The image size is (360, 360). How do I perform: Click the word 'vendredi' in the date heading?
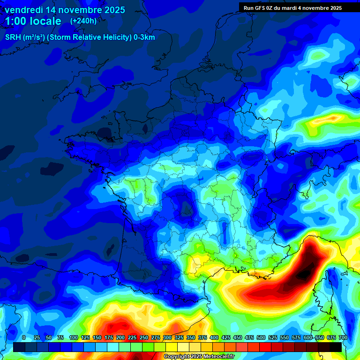point(23,9)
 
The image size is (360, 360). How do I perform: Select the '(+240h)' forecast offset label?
point(83,21)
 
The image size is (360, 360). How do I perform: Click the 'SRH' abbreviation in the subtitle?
point(13,37)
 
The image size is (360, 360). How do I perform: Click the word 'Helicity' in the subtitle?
point(106,37)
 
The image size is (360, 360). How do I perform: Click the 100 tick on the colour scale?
point(73,337)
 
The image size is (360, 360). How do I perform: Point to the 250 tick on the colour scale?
point(144,337)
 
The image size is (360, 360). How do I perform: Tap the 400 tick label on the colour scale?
point(214,337)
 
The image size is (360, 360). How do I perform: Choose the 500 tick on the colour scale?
point(261,337)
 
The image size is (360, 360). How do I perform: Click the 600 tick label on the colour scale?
point(308,337)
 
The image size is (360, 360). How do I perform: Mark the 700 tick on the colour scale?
point(343,337)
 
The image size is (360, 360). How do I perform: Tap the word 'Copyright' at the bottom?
point(177,357)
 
